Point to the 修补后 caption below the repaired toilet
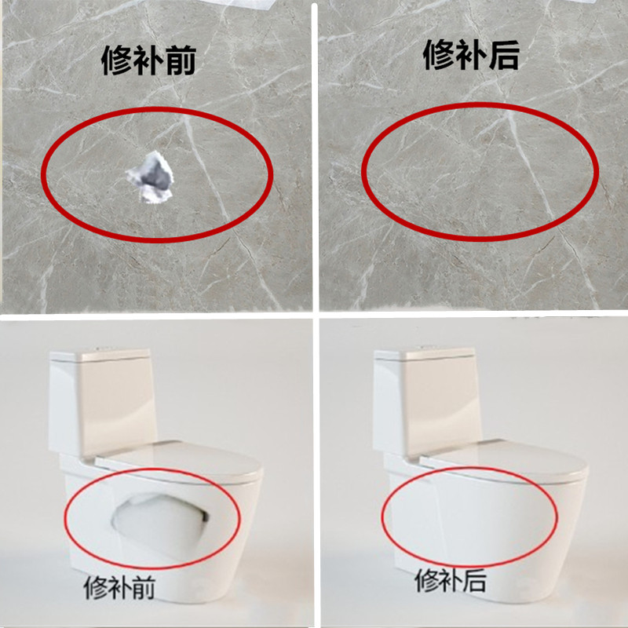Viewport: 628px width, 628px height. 451,582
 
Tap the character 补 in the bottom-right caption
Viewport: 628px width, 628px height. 451,582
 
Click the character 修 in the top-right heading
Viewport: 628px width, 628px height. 440,55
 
